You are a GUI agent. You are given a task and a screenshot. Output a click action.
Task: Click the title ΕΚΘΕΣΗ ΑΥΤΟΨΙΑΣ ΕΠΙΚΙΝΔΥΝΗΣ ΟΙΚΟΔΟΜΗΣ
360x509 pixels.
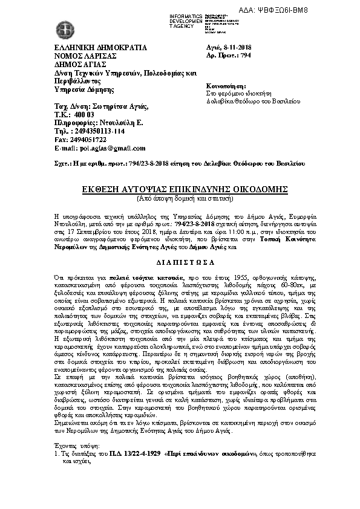tap(179, 189)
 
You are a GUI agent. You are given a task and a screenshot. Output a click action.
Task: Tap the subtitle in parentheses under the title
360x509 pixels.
tap(180, 198)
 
